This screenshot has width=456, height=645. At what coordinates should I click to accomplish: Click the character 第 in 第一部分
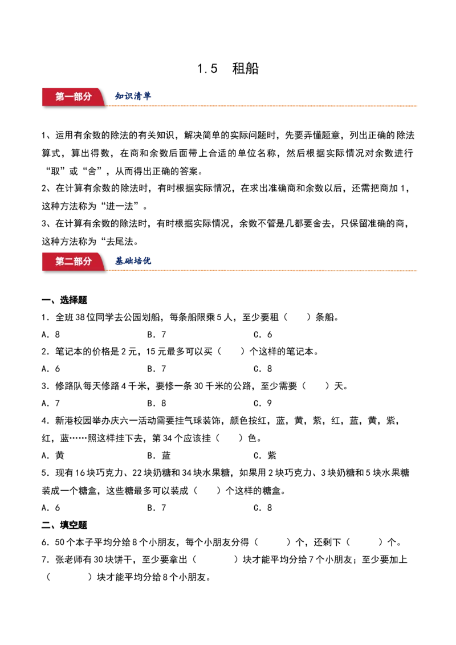(60, 97)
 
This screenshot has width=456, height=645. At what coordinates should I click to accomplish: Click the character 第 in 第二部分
(60, 262)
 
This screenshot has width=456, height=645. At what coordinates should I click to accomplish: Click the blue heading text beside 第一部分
(133, 97)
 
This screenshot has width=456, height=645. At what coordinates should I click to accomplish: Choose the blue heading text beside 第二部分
(133, 262)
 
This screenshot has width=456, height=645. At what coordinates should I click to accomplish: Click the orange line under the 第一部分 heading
(262, 107)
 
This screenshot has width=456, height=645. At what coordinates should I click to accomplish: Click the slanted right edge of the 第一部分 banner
(103, 97)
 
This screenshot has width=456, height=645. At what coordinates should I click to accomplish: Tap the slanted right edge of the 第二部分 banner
(103, 262)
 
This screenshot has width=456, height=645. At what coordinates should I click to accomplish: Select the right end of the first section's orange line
(418, 107)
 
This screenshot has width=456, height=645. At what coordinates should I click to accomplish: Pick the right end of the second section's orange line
(418, 271)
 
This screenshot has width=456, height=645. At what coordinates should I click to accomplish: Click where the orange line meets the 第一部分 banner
(108, 106)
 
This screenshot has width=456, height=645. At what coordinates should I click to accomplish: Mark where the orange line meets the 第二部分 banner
(108, 271)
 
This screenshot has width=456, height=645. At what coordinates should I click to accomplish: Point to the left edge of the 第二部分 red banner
(43, 262)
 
